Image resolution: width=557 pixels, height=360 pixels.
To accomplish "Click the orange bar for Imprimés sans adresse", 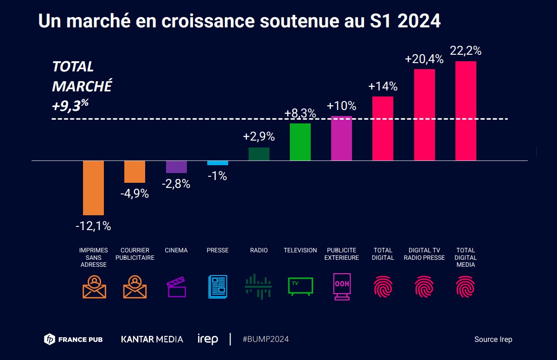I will coord(93,188).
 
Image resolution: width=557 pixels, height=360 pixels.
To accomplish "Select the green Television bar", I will coord(300,142).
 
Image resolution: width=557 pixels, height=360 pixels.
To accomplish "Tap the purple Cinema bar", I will coord(176,167).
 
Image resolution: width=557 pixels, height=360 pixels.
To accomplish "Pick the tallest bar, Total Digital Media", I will coord(466,111).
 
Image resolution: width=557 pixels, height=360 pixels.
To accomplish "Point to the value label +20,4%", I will coord(424,59).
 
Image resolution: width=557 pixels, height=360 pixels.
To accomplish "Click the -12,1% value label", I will coord(93,226).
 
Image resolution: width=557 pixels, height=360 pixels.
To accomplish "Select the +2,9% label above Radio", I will coord(259,137).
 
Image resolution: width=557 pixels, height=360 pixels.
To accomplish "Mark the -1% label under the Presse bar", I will coord(218,176).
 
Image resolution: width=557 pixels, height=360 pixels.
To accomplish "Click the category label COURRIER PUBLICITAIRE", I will coord(134,254).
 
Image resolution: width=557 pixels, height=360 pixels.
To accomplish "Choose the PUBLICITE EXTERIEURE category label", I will coord(341,254).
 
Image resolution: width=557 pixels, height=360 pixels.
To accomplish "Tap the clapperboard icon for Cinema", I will coord(176,287).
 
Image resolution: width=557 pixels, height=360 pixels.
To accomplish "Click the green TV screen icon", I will coord(301,286).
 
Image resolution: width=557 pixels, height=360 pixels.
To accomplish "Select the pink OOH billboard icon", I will coord(342,287).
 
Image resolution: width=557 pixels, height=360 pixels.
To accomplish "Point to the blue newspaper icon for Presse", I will coord(218,287).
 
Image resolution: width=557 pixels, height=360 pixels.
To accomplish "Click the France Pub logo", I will coord(73,340).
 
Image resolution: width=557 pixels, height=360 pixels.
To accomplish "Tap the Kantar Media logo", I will coord(152,339).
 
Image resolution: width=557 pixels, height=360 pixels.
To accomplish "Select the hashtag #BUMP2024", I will coord(266,339).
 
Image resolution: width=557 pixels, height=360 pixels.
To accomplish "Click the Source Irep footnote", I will coord(493,340).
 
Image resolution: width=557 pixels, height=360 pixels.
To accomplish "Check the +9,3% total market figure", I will coord(70,105).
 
